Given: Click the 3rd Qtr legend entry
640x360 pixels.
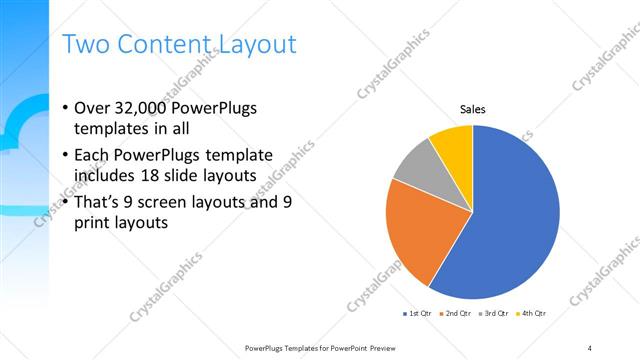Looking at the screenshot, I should [x=495, y=314].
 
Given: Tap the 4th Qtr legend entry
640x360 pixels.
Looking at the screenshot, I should [x=533, y=314].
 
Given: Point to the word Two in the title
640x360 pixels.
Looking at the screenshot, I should [x=86, y=44].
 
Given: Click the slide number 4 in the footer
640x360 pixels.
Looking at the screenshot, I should [x=590, y=348].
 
